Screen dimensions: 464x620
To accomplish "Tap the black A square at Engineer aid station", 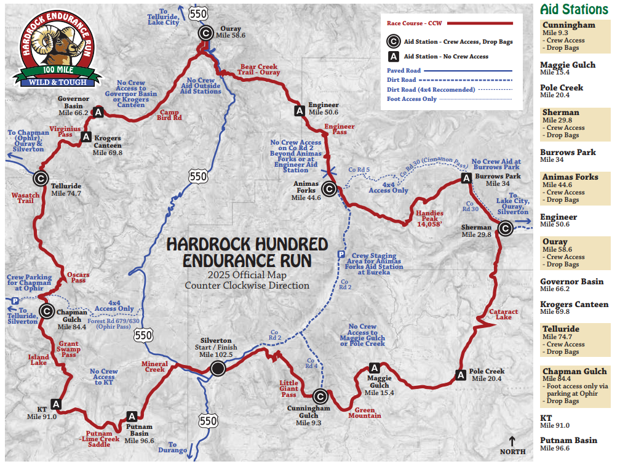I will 300,111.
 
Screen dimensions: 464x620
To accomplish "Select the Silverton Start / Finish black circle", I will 218,368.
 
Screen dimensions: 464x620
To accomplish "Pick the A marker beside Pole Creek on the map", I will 460,374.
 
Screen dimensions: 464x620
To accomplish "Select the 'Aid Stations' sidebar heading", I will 573,9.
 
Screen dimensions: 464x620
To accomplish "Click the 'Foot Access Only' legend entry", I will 411,98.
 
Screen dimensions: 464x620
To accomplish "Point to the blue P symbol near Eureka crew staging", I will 341,255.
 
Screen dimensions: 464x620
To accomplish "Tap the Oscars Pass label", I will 78,278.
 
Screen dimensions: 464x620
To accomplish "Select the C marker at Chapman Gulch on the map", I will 46,311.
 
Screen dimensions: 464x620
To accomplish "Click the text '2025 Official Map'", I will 247,274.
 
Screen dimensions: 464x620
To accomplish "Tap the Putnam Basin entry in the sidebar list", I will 568,441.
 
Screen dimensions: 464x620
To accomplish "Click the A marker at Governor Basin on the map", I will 97,111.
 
